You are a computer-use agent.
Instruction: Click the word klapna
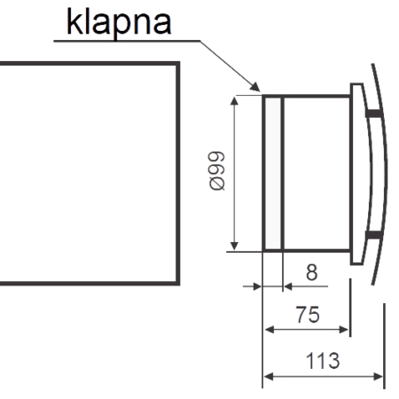point(119,23)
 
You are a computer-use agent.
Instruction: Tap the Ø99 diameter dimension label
point(217,170)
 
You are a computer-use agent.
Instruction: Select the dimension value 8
point(312,272)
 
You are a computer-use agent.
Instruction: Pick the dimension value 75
point(308,315)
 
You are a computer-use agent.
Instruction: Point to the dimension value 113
point(323,361)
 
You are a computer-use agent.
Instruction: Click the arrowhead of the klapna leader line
point(255,88)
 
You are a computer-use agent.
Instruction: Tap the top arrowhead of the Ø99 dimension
point(234,101)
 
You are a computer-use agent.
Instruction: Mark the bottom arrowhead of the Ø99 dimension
point(234,246)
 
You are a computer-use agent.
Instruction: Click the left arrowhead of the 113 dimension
point(268,377)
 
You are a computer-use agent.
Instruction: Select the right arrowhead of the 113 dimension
point(379,377)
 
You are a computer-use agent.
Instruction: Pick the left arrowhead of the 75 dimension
point(270,329)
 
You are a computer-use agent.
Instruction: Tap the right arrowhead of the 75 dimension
point(344,329)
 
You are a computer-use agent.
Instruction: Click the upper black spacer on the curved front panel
point(374,113)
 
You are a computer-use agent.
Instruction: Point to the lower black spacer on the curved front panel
point(373,235)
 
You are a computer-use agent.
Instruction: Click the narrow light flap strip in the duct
point(272,174)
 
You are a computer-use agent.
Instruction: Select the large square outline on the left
point(179,174)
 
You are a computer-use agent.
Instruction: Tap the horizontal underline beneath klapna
point(127,41)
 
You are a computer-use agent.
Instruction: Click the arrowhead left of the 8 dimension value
point(256,286)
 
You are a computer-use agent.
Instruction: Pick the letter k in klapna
point(74,21)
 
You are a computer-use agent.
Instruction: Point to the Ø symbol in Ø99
point(217,184)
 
